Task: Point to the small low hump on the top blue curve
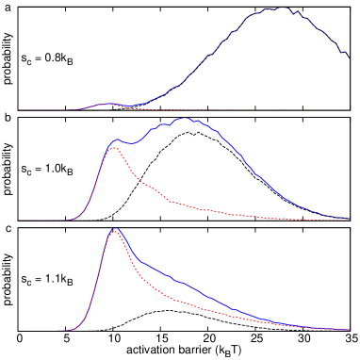click(107, 104)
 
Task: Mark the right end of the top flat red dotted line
click(349, 110)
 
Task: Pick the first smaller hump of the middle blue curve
click(117, 140)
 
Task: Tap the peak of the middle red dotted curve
click(114, 147)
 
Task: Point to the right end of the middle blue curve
click(349, 219)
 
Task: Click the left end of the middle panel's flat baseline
click(19, 221)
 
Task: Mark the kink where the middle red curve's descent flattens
click(172, 202)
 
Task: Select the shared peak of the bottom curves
click(115, 229)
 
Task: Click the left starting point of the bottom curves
click(57, 330)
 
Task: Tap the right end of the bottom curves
click(349, 330)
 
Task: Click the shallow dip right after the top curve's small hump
click(127, 106)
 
